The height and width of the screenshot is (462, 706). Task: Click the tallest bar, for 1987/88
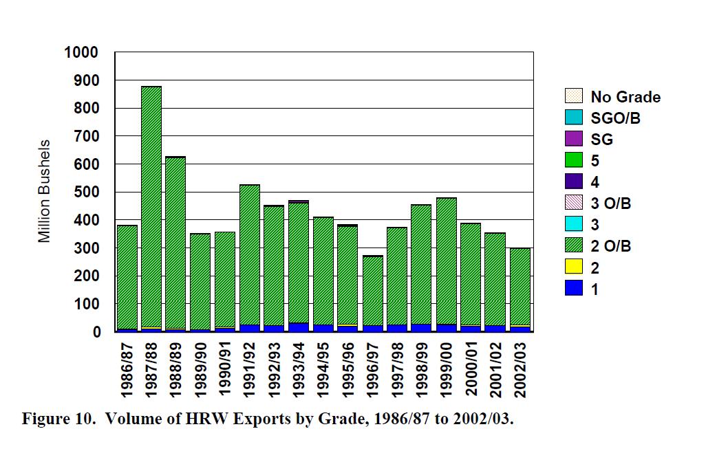[151, 206]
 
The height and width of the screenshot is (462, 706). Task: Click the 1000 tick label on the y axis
[81, 52]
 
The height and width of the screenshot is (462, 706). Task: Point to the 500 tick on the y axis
[87, 192]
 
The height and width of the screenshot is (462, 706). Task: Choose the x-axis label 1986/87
[127, 372]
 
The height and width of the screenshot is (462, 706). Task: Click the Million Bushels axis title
[45, 191]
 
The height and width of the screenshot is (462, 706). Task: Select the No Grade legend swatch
[573, 97]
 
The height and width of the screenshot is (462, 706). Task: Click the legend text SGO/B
[616, 118]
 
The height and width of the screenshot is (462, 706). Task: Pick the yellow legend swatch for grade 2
[573, 267]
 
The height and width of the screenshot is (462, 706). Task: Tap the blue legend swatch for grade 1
[573, 289]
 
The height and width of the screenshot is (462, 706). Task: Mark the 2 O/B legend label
[611, 246]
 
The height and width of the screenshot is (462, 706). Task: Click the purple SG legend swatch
[573, 140]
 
